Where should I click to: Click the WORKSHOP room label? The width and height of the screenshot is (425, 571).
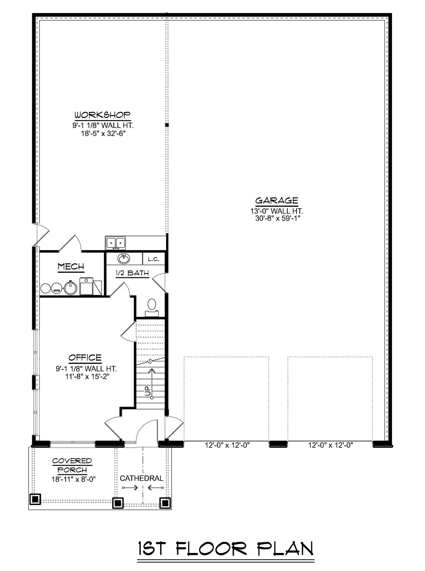click(103, 115)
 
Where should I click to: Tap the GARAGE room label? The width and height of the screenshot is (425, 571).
click(277, 201)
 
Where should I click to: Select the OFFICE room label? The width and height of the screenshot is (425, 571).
click(85, 358)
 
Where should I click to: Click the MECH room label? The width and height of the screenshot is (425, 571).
click(71, 266)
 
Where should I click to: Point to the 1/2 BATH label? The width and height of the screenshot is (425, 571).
click(132, 273)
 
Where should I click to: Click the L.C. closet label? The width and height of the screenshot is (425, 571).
click(153, 259)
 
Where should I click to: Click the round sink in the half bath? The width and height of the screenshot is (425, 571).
click(124, 259)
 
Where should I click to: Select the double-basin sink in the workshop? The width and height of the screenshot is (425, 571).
click(116, 243)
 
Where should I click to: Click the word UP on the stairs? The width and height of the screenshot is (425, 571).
click(148, 391)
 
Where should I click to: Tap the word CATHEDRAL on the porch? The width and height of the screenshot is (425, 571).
click(142, 478)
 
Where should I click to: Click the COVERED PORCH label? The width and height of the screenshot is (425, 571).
click(72, 465)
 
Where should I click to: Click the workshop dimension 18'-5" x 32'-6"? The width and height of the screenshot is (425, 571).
click(103, 134)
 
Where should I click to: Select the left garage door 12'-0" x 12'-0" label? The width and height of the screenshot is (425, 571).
click(227, 445)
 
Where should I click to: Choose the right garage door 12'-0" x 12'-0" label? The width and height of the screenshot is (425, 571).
click(330, 445)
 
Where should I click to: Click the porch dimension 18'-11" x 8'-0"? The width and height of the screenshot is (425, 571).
click(73, 479)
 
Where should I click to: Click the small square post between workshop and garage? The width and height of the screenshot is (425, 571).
click(167, 125)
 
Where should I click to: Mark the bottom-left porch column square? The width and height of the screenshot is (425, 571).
click(35, 499)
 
